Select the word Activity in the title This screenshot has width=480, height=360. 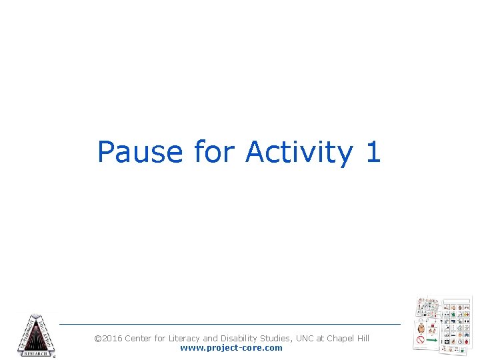pos(299,152)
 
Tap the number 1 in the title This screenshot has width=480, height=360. pos(373,152)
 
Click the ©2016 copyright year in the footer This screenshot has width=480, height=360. pos(108,339)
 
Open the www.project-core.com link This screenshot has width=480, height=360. pos(231,348)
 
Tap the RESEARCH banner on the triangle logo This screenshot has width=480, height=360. pos(36,353)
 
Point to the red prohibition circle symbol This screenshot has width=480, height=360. pos(421,340)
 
